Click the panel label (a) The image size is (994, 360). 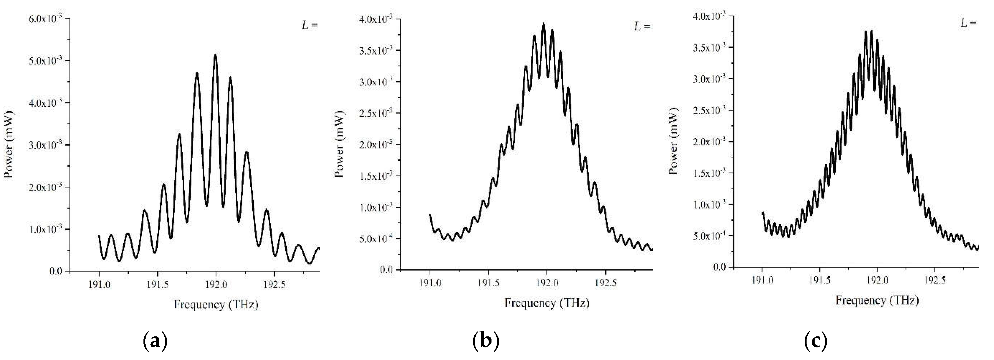(x=155, y=341)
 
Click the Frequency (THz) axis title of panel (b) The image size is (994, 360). (x=547, y=303)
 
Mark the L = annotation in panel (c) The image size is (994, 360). (x=969, y=23)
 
